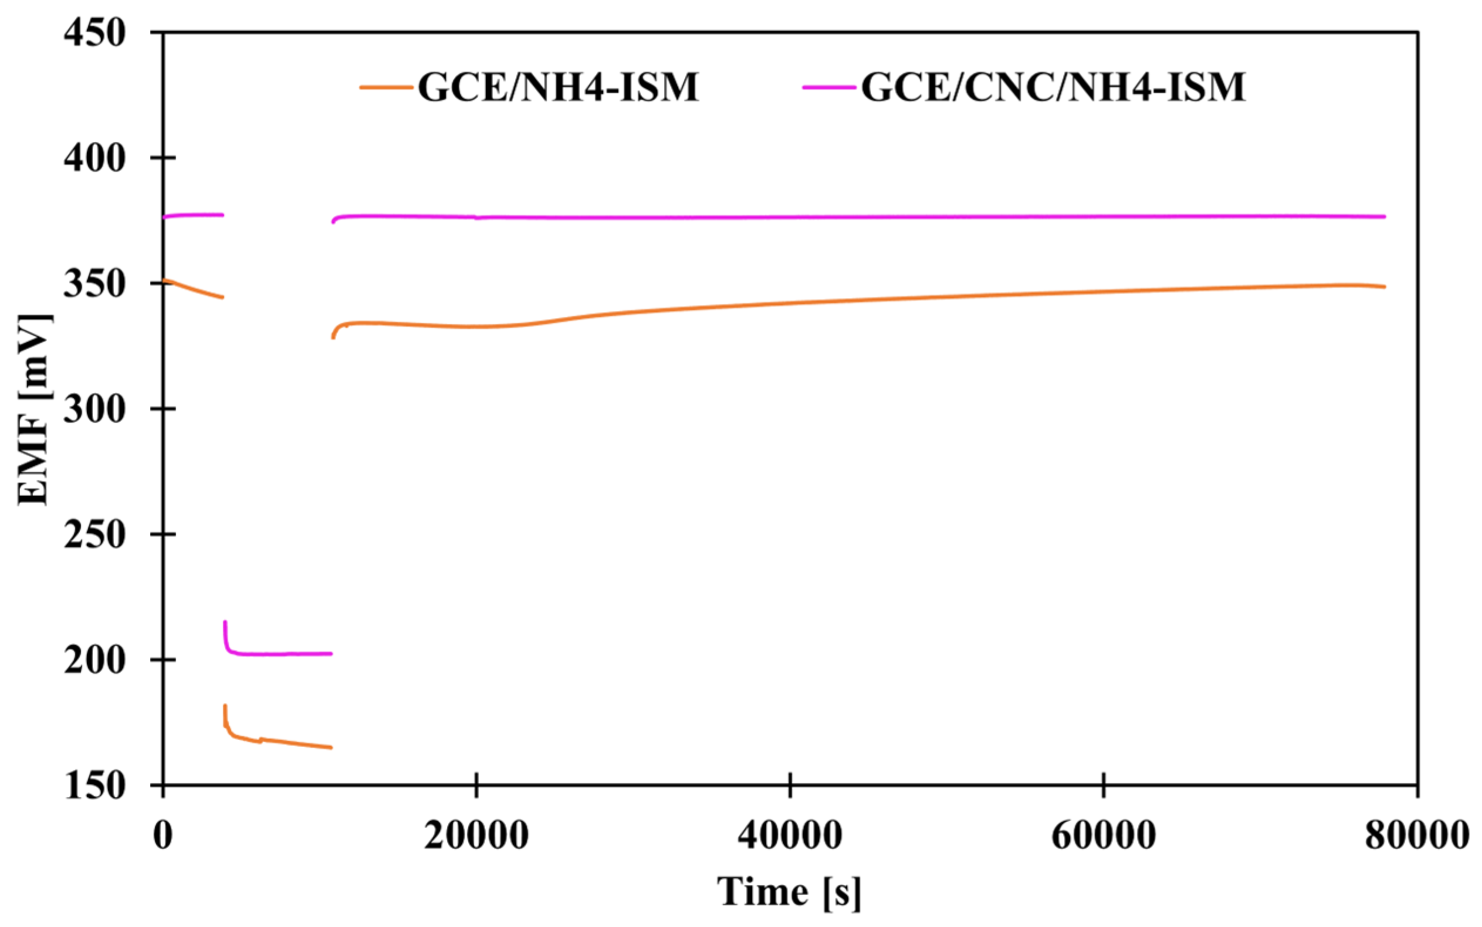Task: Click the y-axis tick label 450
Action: pos(95,32)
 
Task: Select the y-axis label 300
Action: pos(95,408)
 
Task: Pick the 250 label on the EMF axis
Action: pos(95,534)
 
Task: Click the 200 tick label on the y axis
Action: pos(95,659)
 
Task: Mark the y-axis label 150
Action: pos(95,786)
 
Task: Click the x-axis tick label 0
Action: pos(163,835)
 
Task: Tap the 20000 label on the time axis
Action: pos(476,835)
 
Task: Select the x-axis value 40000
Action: pos(790,835)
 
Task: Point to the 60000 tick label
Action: pos(1103,835)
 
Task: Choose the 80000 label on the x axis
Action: pos(1416,835)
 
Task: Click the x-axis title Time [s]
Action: pos(790,891)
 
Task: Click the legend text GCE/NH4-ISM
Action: pos(559,87)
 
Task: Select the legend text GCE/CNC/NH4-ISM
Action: pos(1053,87)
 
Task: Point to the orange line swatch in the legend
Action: pos(385,87)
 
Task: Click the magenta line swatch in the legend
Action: pos(828,87)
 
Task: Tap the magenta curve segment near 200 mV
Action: pos(282,654)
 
